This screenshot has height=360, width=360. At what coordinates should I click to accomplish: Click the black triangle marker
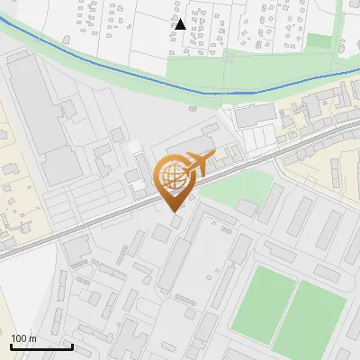click(180, 24)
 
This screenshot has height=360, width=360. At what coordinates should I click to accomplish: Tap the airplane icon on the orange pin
click(198, 164)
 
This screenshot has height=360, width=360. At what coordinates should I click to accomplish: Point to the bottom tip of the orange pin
click(175, 211)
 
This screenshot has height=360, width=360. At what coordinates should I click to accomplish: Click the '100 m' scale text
click(23, 338)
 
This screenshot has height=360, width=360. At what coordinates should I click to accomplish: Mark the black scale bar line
click(41, 346)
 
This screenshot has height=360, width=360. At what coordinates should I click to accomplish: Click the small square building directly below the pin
click(175, 221)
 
